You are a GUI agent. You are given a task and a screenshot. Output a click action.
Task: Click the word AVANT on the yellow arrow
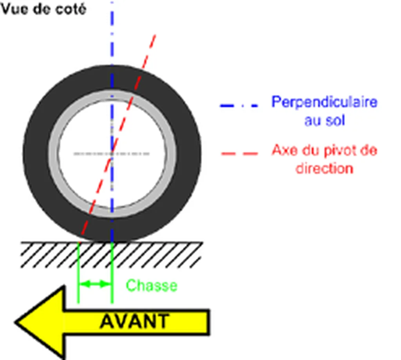(135, 321)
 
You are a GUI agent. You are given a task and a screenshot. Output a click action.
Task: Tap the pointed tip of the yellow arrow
(15, 322)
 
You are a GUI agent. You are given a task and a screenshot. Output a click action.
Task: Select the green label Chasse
(152, 285)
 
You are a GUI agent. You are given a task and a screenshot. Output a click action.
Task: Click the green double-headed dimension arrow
(95, 284)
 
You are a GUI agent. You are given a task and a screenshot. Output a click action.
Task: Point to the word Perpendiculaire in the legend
(324, 102)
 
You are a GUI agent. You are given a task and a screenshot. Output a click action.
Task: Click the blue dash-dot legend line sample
(239, 105)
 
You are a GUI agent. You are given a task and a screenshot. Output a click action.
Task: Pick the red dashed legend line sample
(239, 153)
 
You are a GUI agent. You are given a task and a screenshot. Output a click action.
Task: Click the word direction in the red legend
(324, 169)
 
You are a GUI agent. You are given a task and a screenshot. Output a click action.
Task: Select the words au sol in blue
(325, 120)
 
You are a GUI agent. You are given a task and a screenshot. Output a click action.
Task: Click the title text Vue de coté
(44, 9)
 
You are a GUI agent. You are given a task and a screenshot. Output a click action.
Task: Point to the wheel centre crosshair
(112, 154)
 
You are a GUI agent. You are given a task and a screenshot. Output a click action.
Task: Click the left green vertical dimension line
(78, 273)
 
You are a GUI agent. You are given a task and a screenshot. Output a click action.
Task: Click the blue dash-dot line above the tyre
(112, 33)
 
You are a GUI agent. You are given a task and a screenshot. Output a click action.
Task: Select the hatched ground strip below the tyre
(112, 255)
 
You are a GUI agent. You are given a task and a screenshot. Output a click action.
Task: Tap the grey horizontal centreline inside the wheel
(112, 154)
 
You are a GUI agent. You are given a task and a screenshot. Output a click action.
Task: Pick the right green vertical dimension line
(112, 273)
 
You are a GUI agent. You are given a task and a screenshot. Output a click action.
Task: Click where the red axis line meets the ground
(79, 242)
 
